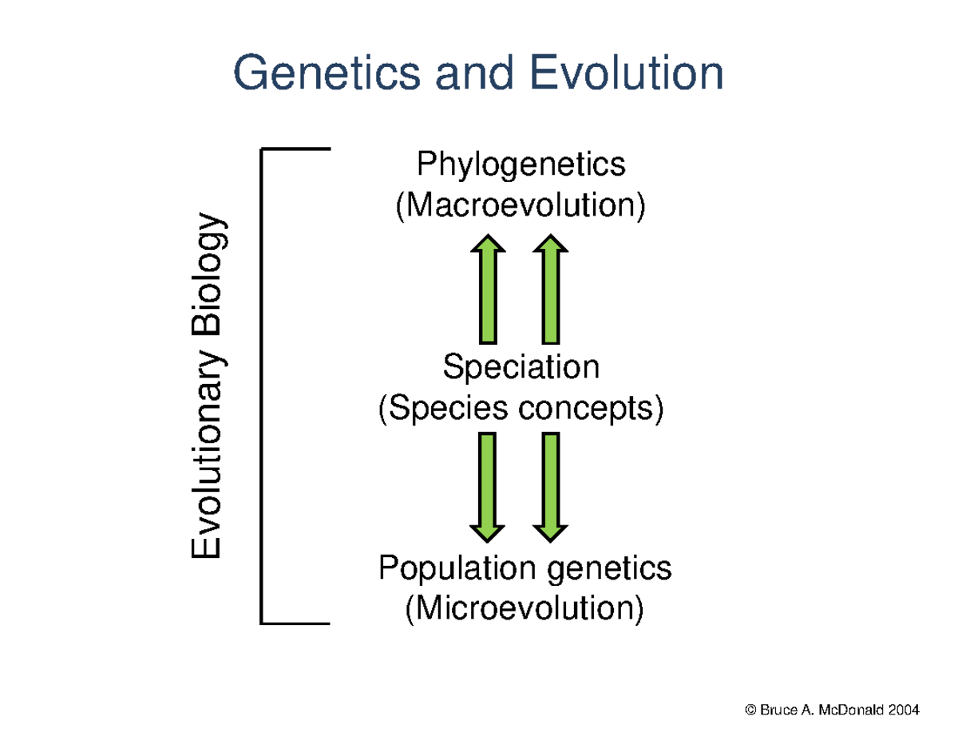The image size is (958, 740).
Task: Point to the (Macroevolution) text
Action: (x=521, y=206)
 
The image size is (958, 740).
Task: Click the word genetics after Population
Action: (x=610, y=569)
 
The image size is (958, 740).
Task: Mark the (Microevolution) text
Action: (x=524, y=610)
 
